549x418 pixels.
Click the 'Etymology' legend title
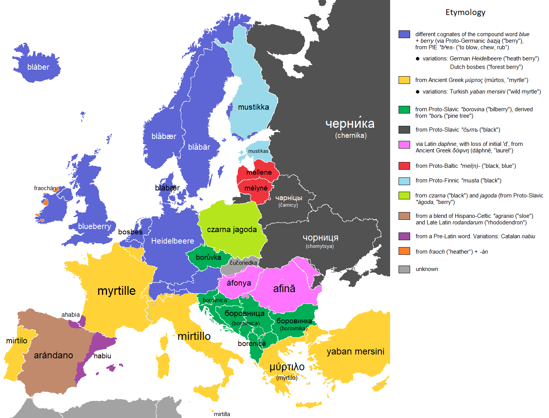click(465, 12)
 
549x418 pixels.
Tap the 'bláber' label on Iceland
click(38, 67)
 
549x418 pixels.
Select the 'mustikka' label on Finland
click(253, 107)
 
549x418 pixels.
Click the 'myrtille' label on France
click(116, 291)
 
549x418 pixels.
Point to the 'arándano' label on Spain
click(53, 355)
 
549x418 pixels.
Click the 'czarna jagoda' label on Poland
click(232, 229)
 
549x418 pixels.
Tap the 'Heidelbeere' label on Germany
click(172, 241)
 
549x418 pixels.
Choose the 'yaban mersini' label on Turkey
click(355, 351)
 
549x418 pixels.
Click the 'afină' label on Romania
click(284, 289)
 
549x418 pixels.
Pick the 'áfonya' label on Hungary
click(239, 283)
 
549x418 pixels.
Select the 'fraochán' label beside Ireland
click(45, 188)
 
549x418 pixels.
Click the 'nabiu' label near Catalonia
click(102, 356)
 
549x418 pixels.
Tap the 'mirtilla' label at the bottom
click(222, 414)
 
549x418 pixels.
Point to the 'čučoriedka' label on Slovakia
click(243, 263)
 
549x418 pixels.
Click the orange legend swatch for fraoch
click(404, 251)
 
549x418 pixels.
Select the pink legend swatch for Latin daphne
click(404, 145)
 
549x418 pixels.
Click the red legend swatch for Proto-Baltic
click(404, 166)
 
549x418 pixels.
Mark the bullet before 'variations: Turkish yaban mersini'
click(417, 92)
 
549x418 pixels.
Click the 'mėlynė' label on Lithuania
click(256, 188)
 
